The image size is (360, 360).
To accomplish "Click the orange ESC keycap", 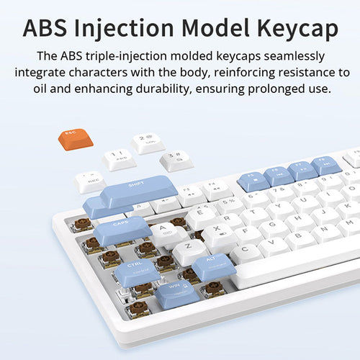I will [75, 138].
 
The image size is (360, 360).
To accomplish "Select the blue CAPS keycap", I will [122, 229].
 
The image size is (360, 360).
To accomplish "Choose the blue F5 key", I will [254, 179].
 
